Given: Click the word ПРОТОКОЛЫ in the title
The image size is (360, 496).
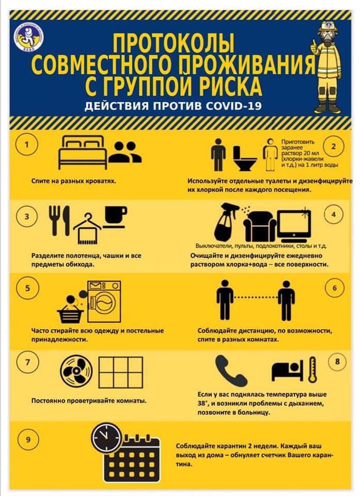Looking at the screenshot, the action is [x=174, y=43].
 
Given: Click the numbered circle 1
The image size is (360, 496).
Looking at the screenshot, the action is [x=27, y=145].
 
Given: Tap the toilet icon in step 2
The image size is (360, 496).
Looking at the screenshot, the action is [x=245, y=158].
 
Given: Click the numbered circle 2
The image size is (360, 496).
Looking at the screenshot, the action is [x=334, y=146].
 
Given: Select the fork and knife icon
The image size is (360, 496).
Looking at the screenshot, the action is [x=59, y=221].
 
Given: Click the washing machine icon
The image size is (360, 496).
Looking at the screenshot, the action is [x=104, y=301].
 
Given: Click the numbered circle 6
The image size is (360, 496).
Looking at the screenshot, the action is [x=335, y=288].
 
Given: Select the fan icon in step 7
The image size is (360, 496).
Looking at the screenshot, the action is [x=76, y=371].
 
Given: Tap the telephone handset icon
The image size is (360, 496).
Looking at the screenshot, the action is [x=231, y=370].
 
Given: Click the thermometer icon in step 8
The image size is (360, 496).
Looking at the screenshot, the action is [x=312, y=369].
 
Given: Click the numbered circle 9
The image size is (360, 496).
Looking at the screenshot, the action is [x=28, y=439].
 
